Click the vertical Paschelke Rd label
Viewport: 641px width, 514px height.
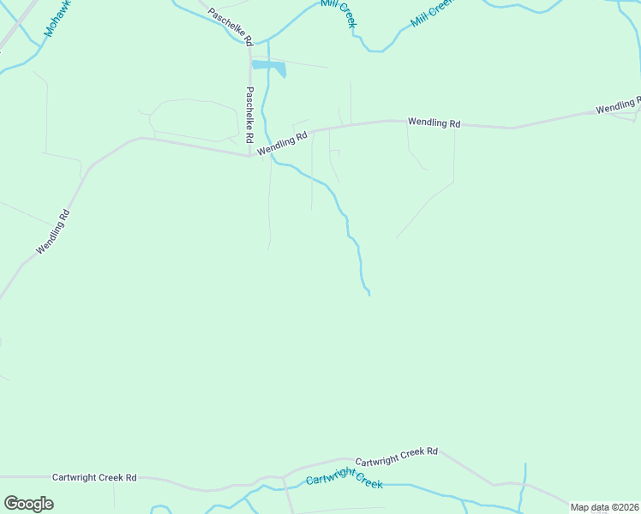(x=249, y=115)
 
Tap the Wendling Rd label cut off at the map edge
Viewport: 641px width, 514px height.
(x=618, y=108)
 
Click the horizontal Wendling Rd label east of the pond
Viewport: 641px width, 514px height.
(x=434, y=123)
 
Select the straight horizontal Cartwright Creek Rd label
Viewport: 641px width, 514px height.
(x=94, y=477)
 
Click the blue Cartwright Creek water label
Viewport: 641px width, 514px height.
(x=344, y=480)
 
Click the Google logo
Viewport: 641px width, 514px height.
(x=28, y=504)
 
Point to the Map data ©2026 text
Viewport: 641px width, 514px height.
(x=604, y=507)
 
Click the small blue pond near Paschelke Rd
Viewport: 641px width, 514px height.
(x=268, y=67)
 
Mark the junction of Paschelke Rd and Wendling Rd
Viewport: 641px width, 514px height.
(x=249, y=156)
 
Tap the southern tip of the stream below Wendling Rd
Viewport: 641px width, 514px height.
(x=368, y=295)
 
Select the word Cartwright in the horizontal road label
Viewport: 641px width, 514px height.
(x=72, y=477)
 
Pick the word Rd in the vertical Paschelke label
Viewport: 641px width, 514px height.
(x=249, y=135)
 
